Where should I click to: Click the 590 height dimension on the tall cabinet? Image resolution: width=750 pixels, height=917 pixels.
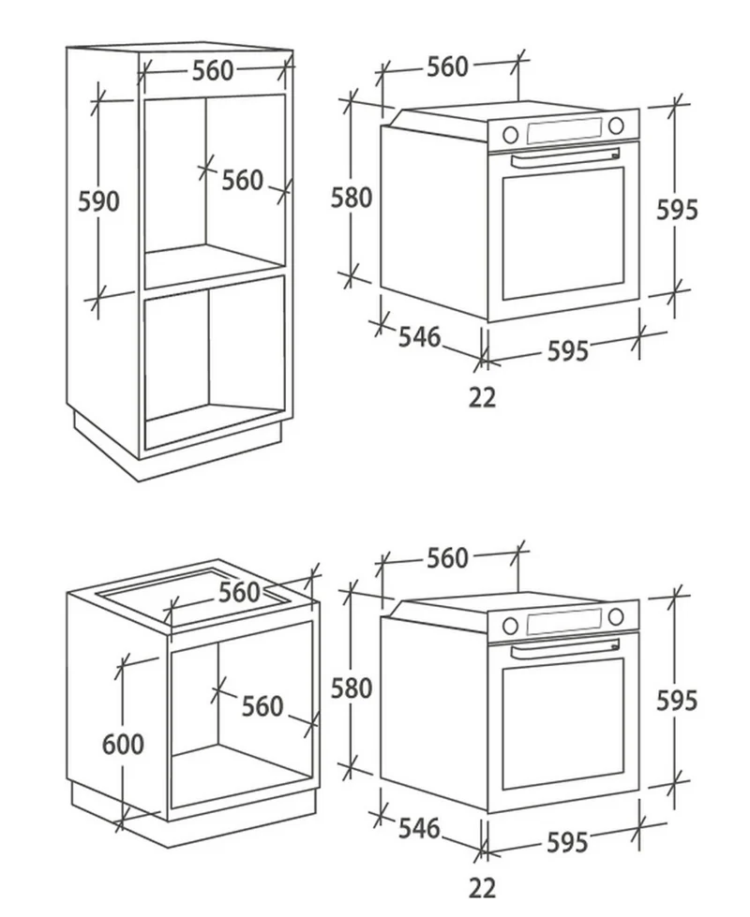pyautogui.click(x=99, y=201)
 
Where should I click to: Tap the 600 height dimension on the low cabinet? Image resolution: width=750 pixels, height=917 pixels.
pyautogui.click(x=123, y=745)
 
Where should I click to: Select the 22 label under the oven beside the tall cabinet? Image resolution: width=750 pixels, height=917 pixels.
pyautogui.click(x=483, y=398)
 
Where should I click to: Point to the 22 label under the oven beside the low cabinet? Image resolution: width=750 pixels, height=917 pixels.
pyautogui.click(x=483, y=888)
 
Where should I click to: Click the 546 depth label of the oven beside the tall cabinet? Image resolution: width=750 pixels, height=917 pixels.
pyautogui.click(x=419, y=337)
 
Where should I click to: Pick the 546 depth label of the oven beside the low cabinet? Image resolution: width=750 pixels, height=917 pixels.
pyautogui.click(x=419, y=828)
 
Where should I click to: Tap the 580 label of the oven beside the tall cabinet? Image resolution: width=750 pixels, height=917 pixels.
pyautogui.click(x=352, y=198)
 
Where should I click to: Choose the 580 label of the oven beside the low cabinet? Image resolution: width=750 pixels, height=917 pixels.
pyautogui.click(x=352, y=688)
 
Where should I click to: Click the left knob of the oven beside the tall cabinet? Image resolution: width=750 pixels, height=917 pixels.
pyautogui.click(x=511, y=135)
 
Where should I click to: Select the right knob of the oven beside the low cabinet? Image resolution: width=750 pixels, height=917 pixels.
pyautogui.click(x=616, y=616)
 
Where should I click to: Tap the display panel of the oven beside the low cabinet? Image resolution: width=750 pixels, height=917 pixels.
pyautogui.click(x=564, y=622)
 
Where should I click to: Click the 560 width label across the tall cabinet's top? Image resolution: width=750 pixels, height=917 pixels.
pyautogui.click(x=213, y=71)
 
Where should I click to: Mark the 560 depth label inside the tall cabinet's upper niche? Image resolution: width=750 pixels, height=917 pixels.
pyautogui.click(x=243, y=180)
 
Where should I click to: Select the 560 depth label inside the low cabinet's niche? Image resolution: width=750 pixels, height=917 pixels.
pyautogui.click(x=262, y=706)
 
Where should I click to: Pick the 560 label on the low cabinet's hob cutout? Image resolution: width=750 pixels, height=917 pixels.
pyautogui.click(x=239, y=592)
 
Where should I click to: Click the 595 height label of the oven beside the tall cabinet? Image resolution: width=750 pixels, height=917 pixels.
pyautogui.click(x=678, y=210)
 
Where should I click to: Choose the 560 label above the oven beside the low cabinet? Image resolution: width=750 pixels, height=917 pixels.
pyautogui.click(x=447, y=558)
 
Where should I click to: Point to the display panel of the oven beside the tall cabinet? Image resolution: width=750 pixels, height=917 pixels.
pyautogui.click(x=564, y=131)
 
